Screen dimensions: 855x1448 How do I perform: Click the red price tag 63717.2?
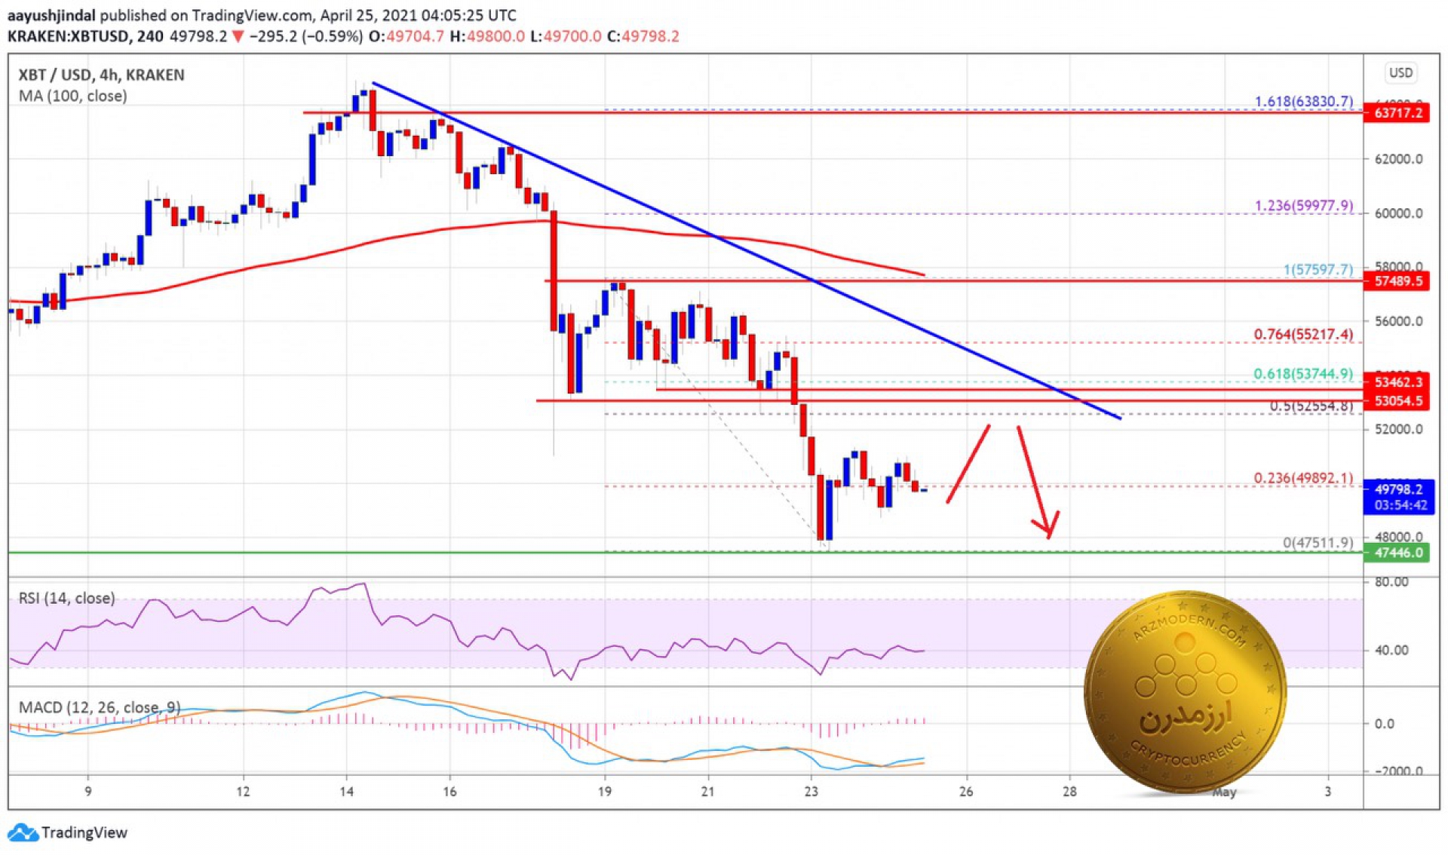pos(1397,113)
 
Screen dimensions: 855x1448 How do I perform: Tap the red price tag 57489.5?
pos(1397,281)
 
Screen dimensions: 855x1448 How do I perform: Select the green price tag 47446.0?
pos(1397,553)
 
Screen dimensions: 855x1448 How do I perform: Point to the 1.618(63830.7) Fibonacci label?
pos(1303,101)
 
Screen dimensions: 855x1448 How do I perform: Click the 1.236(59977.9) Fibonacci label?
pos(1303,205)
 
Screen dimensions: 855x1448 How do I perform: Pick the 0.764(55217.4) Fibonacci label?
pos(1303,334)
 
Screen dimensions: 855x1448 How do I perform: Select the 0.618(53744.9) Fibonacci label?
pos(1303,374)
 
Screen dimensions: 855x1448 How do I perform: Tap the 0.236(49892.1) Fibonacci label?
pos(1303,478)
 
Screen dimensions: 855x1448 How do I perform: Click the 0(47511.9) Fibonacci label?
pos(1318,542)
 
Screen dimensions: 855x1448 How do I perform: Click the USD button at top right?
pos(1400,72)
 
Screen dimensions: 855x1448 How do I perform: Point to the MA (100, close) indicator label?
pos(72,96)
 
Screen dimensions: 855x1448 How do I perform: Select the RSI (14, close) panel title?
pos(66,598)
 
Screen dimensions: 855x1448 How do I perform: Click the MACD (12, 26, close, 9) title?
pos(99,707)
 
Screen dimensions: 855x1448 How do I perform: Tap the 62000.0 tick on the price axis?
pos(1398,159)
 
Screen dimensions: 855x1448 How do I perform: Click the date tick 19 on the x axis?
pos(605,792)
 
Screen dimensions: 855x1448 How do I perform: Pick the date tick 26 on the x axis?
pos(965,792)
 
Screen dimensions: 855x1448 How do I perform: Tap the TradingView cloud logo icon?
pos(22,832)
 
